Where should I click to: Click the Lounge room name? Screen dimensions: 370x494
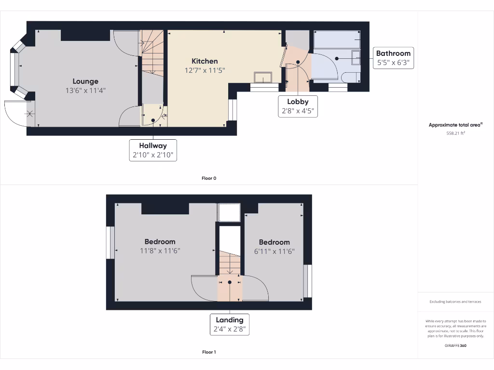[85, 81]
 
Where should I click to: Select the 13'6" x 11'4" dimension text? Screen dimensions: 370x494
[85, 90]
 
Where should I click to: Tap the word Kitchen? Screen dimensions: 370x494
[205, 61]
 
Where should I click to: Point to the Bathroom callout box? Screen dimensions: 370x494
[393, 58]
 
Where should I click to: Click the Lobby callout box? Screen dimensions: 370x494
[298, 106]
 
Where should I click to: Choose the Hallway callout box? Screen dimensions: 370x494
[153, 150]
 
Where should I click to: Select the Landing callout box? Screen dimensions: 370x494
[230, 324]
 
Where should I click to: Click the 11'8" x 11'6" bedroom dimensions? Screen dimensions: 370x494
[160, 251]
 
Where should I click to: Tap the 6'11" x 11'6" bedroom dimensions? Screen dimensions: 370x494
[274, 251]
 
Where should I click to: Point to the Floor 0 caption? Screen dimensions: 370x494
[209, 178]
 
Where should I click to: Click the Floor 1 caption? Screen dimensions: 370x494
[209, 352]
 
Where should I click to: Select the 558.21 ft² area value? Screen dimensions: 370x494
[455, 133]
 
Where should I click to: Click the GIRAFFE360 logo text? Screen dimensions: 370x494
[455, 345]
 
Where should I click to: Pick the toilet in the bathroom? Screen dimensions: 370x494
[349, 77]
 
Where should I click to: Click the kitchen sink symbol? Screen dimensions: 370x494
[263, 77]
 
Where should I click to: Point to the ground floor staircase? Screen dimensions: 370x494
[152, 53]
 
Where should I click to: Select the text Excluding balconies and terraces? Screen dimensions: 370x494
[455, 302]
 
